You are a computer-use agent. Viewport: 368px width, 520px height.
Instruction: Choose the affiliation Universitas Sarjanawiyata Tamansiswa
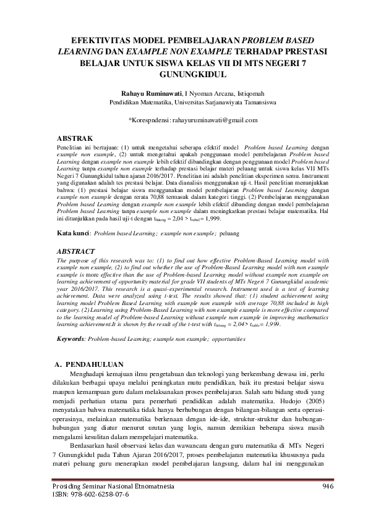(x=225, y=103)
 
